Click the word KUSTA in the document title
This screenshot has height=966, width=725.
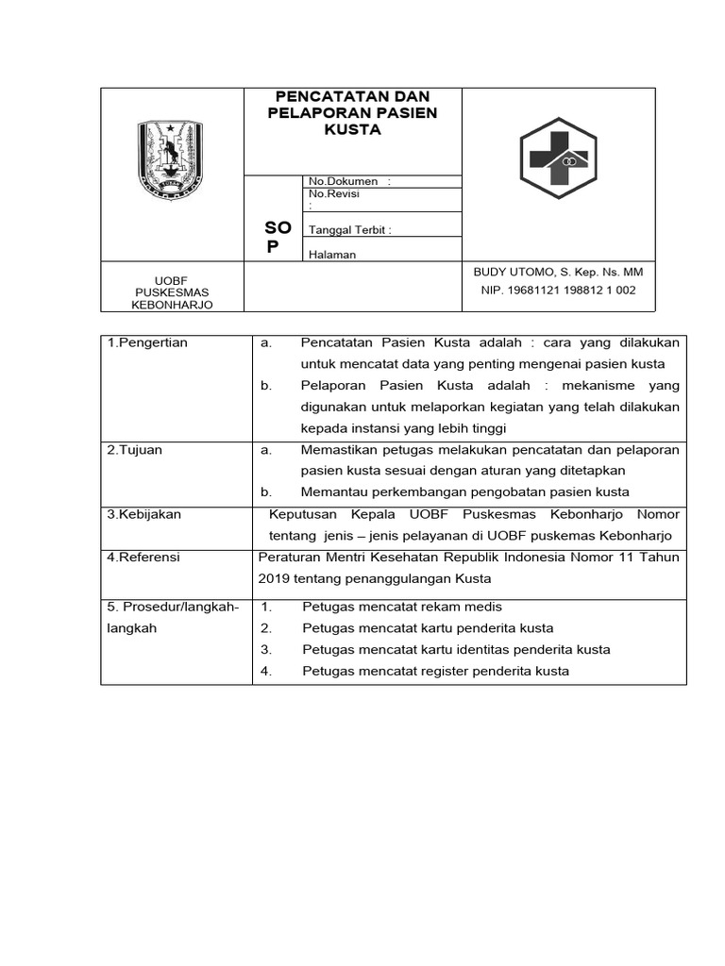pyautogui.click(x=352, y=130)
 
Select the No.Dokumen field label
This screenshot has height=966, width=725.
pyautogui.click(x=343, y=181)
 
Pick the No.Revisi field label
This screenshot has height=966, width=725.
pyautogui.click(x=334, y=194)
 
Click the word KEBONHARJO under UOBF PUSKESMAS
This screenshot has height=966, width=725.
pyautogui.click(x=172, y=306)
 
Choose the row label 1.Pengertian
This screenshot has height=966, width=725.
pyautogui.click(x=147, y=342)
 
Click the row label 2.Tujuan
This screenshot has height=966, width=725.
pyautogui.click(x=135, y=450)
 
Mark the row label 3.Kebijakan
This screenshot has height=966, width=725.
pyautogui.click(x=143, y=514)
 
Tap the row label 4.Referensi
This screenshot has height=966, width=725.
pyautogui.click(x=143, y=557)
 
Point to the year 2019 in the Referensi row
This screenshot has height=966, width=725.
pyautogui.click(x=275, y=578)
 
